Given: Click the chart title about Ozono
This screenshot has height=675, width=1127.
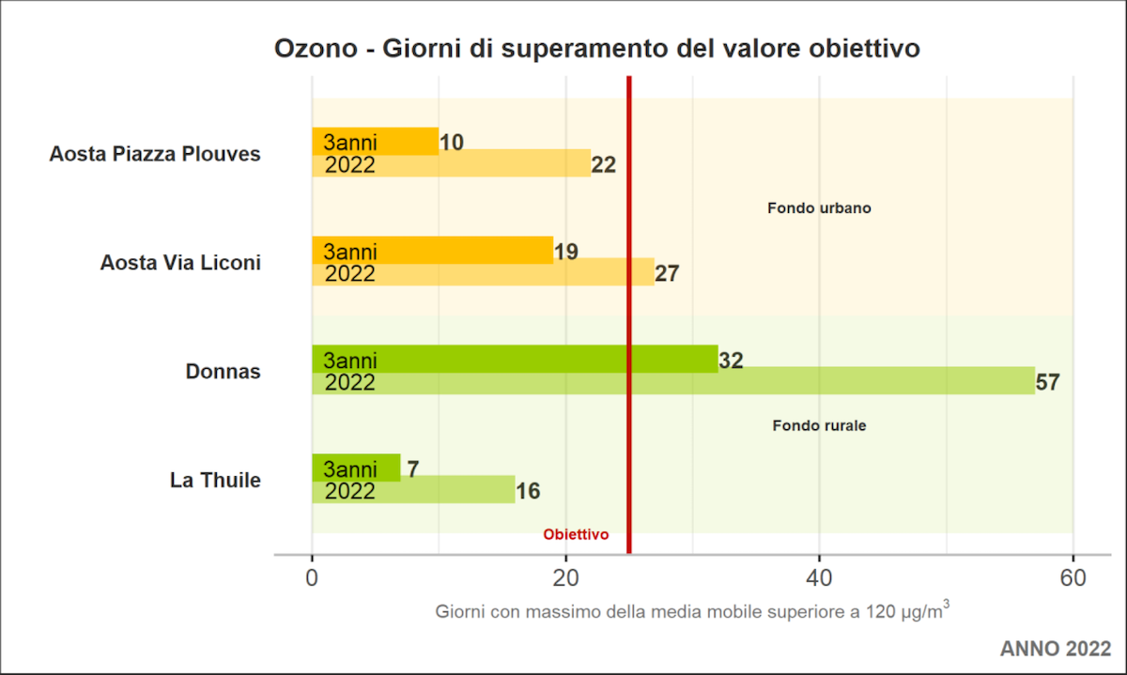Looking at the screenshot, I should [596, 49].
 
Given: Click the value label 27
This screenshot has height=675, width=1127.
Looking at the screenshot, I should [667, 274].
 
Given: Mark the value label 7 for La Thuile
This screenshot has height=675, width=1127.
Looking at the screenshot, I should [413, 469].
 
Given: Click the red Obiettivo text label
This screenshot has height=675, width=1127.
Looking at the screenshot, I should [576, 534].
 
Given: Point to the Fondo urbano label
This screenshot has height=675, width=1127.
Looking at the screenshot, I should [819, 208].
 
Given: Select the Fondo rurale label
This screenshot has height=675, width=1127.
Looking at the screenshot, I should [819, 425].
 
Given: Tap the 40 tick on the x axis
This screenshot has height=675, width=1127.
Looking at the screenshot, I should [819, 578].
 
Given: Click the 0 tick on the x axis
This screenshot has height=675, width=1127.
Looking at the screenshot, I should [312, 578].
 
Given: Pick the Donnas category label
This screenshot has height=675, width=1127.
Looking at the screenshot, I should [224, 372].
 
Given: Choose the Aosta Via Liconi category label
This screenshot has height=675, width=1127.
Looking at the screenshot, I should [180, 263].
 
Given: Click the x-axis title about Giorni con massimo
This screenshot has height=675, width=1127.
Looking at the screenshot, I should [691, 613].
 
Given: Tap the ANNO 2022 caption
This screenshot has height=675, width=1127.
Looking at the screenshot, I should [1055, 649].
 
